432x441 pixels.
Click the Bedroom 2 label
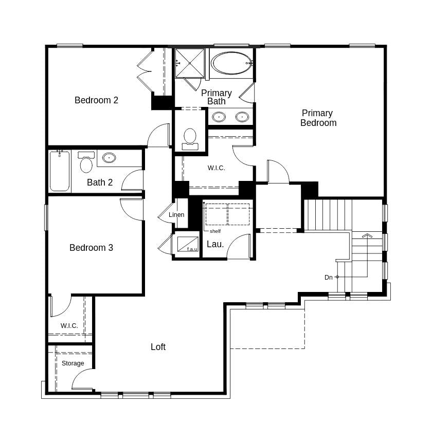point(96,100)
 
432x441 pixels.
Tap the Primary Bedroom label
point(318,118)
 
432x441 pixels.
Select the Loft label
point(158,347)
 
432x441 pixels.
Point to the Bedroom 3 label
point(91,248)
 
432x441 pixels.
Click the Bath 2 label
point(100,182)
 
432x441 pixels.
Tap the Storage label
point(73,363)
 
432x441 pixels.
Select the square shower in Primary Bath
point(190,63)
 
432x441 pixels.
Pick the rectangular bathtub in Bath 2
point(60,171)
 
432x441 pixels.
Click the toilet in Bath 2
point(86,163)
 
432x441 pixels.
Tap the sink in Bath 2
point(109,158)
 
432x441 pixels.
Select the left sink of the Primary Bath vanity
point(219,117)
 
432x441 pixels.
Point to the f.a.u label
point(192,249)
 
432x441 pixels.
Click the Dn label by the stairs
point(328,278)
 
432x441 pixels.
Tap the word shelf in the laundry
point(215,231)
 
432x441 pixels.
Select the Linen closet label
point(176,215)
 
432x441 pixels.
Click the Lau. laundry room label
point(215,245)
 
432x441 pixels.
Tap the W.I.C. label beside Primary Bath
point(216,168)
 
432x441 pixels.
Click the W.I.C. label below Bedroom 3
point(69,326)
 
